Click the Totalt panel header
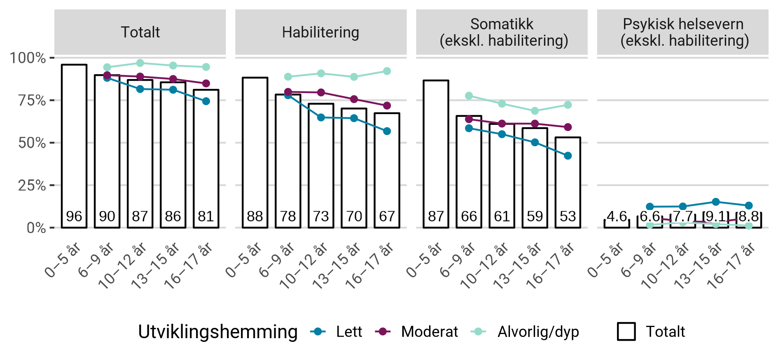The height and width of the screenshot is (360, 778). pyautogui.click(x=140, y=32)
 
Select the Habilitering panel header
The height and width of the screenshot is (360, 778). pyautogui.click(x=320, y=32)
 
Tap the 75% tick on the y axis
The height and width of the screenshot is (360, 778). pyautogui.click(x=32, y=100)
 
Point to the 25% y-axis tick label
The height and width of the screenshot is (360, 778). pyautogui.click(x=32, y=185)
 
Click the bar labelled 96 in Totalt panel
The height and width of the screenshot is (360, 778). pyautogui.click(x=74, y=144)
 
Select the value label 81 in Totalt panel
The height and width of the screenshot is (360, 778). pyautogui.click(x=206, y=216)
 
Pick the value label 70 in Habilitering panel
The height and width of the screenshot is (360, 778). pyautogui.click(x=354, y=216)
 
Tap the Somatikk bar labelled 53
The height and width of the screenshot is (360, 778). pyautogui.click(x=568, y=181)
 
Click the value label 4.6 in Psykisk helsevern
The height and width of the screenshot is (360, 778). pyautogui.click(x=617, y=216)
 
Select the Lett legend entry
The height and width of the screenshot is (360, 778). pyautogui.click(x=336, y=332)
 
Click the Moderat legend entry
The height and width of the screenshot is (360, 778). pyautogui.click(x=416, y=332)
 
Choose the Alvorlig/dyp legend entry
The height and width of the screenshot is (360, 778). pyautogui.click(x=525, y=332)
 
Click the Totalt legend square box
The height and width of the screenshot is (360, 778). pyautogui.click(x=626, y=332)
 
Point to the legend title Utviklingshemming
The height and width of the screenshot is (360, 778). pyautogui.click(x=217, y=332)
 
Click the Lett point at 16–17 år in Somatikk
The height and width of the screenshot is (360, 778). pyautogui.click(x=568, y=156)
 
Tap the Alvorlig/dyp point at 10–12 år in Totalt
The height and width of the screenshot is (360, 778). pyautogui.click(x=140, y=63)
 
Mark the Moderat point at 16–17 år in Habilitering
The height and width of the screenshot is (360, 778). pyautogui.click(x=387, y=106)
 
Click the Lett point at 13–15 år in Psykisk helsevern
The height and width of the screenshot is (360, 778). pyautogui.click(x=716, y=202)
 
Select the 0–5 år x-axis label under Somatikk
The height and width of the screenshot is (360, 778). pyautogui.click(x=424, y=260)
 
